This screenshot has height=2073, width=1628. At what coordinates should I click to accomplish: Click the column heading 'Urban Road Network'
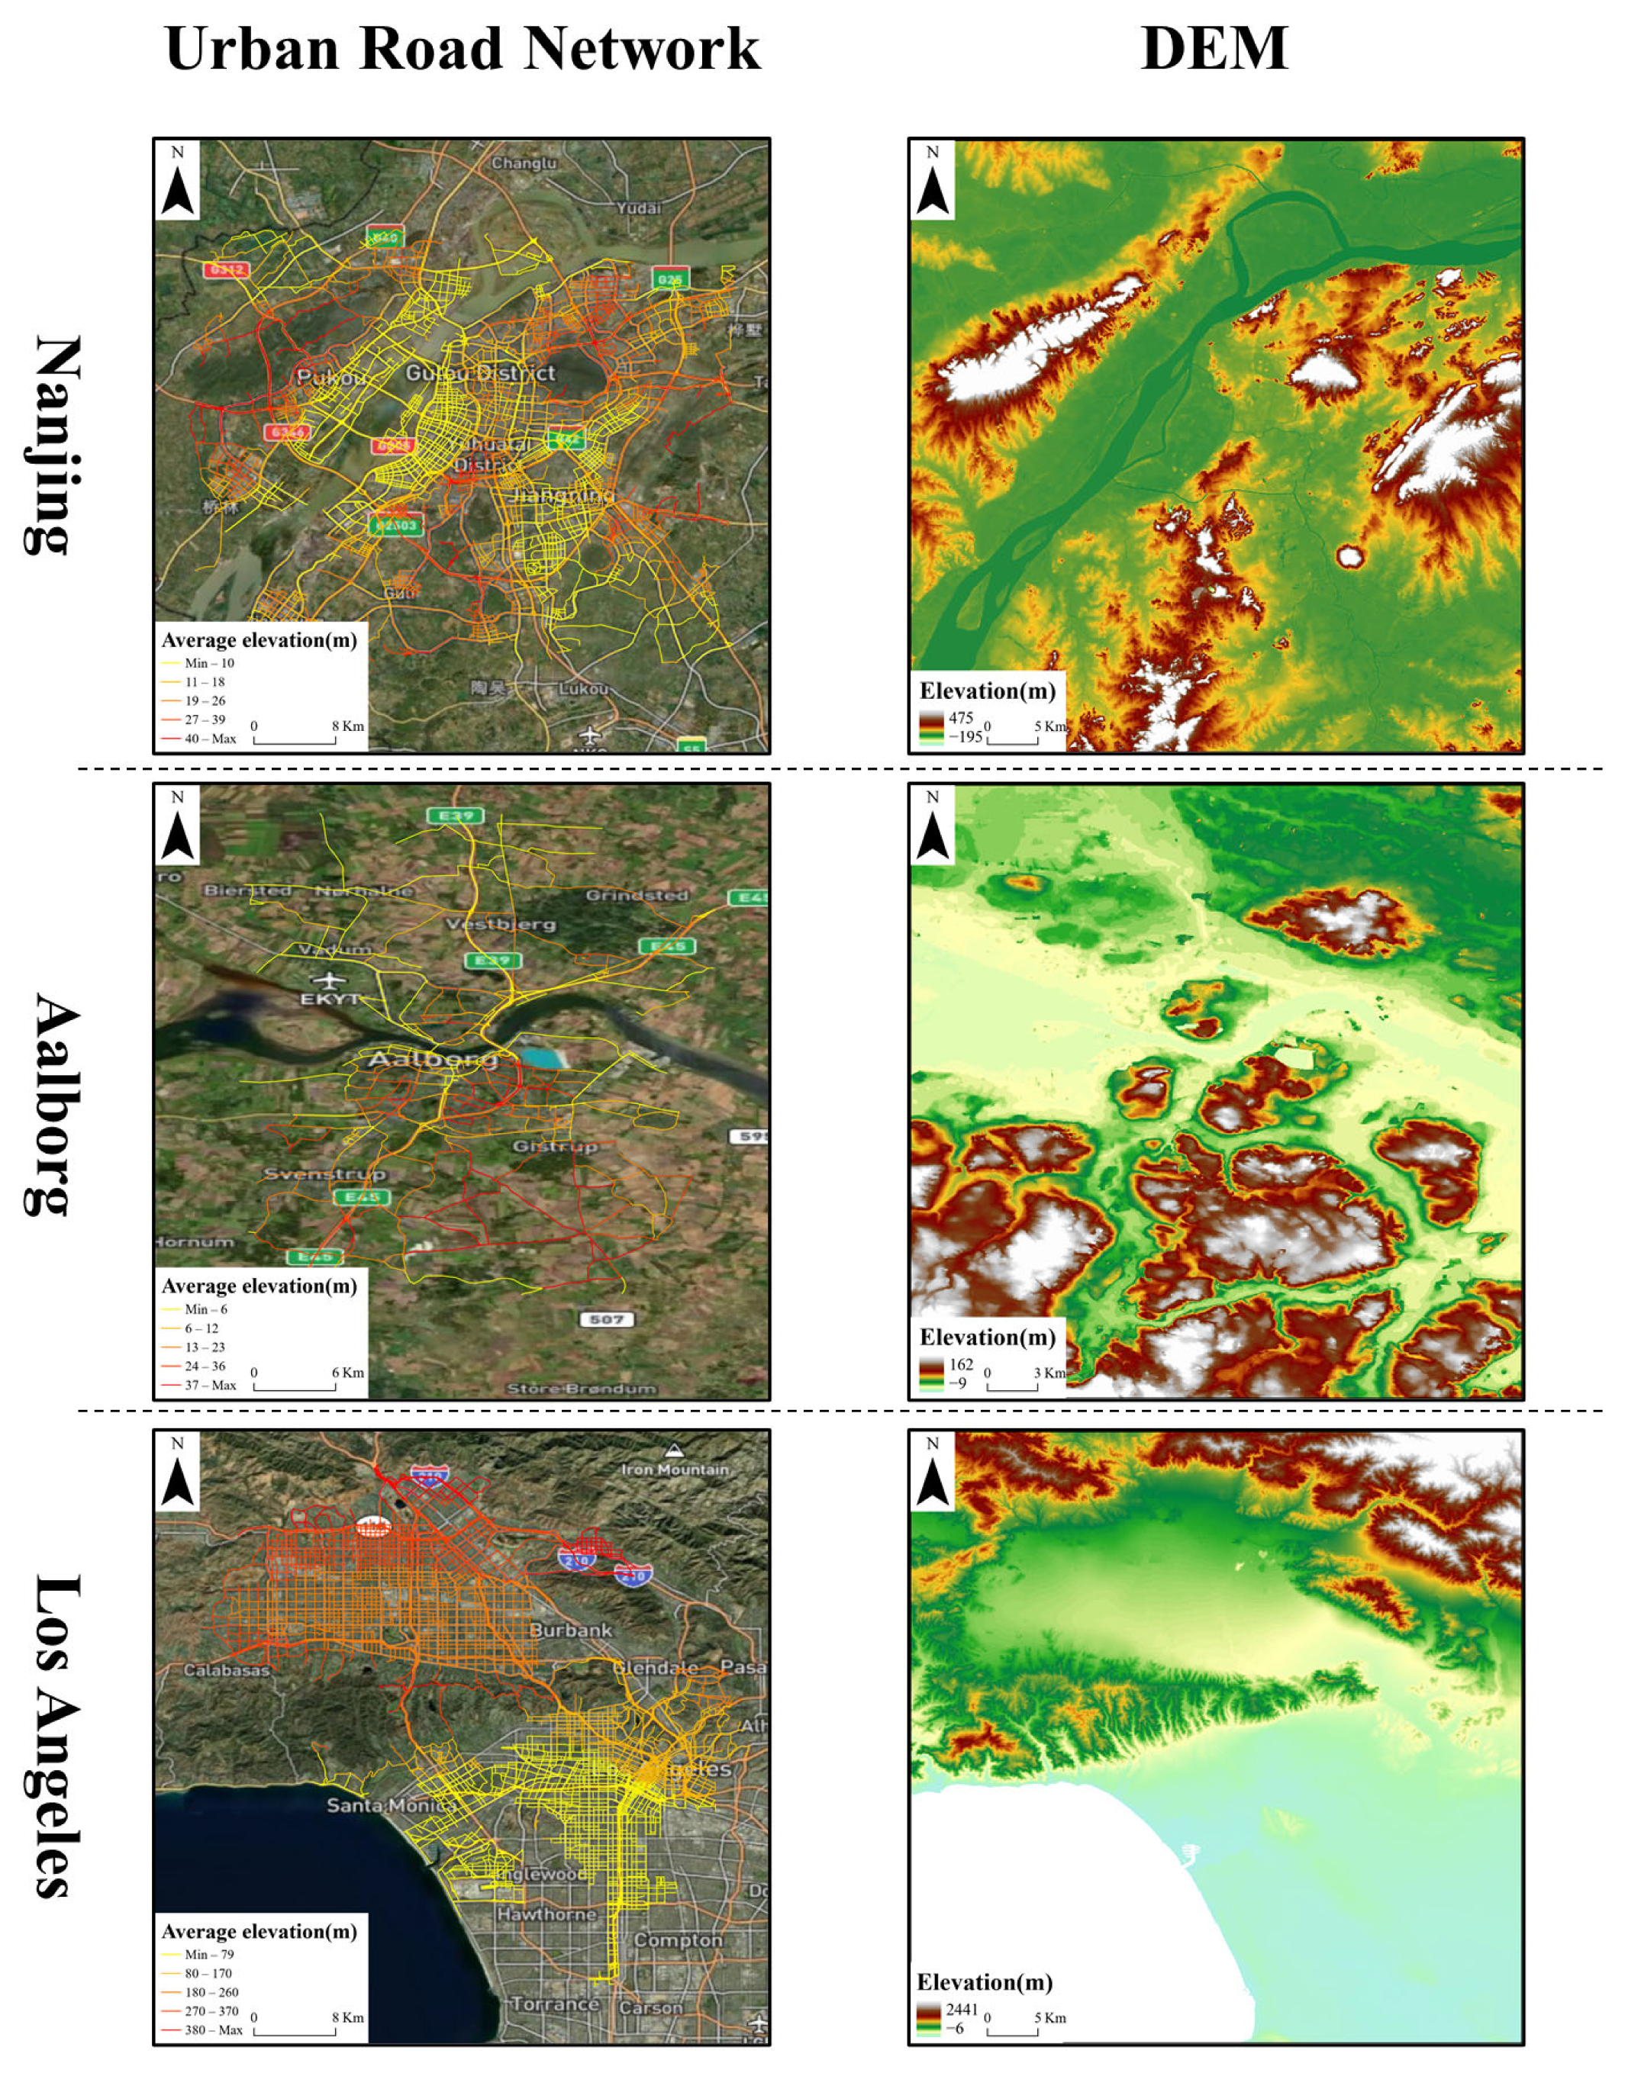(463, 49)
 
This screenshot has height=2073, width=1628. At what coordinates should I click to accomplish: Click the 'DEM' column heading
(1214, 49)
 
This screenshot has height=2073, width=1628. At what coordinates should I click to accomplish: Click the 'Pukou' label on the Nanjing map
(330, 376)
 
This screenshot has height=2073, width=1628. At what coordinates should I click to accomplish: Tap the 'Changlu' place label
(524, 164)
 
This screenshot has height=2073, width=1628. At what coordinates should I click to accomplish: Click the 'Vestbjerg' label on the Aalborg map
(501, 924)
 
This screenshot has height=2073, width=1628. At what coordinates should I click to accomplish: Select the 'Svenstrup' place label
(324, 1173)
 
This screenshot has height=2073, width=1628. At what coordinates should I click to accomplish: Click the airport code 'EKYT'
(330, 999)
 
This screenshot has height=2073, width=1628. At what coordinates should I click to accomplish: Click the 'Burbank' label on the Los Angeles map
(570, 1630)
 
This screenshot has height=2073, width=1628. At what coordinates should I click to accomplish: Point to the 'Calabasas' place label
(226, 1670)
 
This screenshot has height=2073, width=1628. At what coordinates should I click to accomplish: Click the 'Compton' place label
(678, 1939)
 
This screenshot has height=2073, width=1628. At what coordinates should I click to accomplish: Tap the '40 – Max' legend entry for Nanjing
(210, 739)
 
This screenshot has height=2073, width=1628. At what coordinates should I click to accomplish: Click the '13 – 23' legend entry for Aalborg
(204, 1347)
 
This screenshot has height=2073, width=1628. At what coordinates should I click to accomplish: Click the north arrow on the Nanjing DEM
(933, 182)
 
